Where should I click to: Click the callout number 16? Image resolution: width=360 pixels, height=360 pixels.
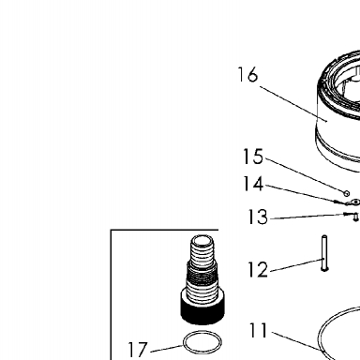(247, 75)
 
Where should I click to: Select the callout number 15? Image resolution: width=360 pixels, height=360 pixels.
(253, 157)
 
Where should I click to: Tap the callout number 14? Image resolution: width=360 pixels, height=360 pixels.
(253, 184)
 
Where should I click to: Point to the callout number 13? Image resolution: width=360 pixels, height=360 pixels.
(258, 217)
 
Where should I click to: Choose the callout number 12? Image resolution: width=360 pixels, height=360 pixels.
(258, 269)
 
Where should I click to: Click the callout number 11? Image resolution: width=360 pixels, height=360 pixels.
(259, 330)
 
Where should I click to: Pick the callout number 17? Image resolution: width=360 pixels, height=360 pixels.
(138, 350)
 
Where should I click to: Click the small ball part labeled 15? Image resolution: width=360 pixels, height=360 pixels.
(346, 194)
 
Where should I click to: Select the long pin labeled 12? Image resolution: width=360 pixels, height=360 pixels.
(324, 253)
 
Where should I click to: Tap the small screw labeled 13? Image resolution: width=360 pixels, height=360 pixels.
(355, 217)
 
